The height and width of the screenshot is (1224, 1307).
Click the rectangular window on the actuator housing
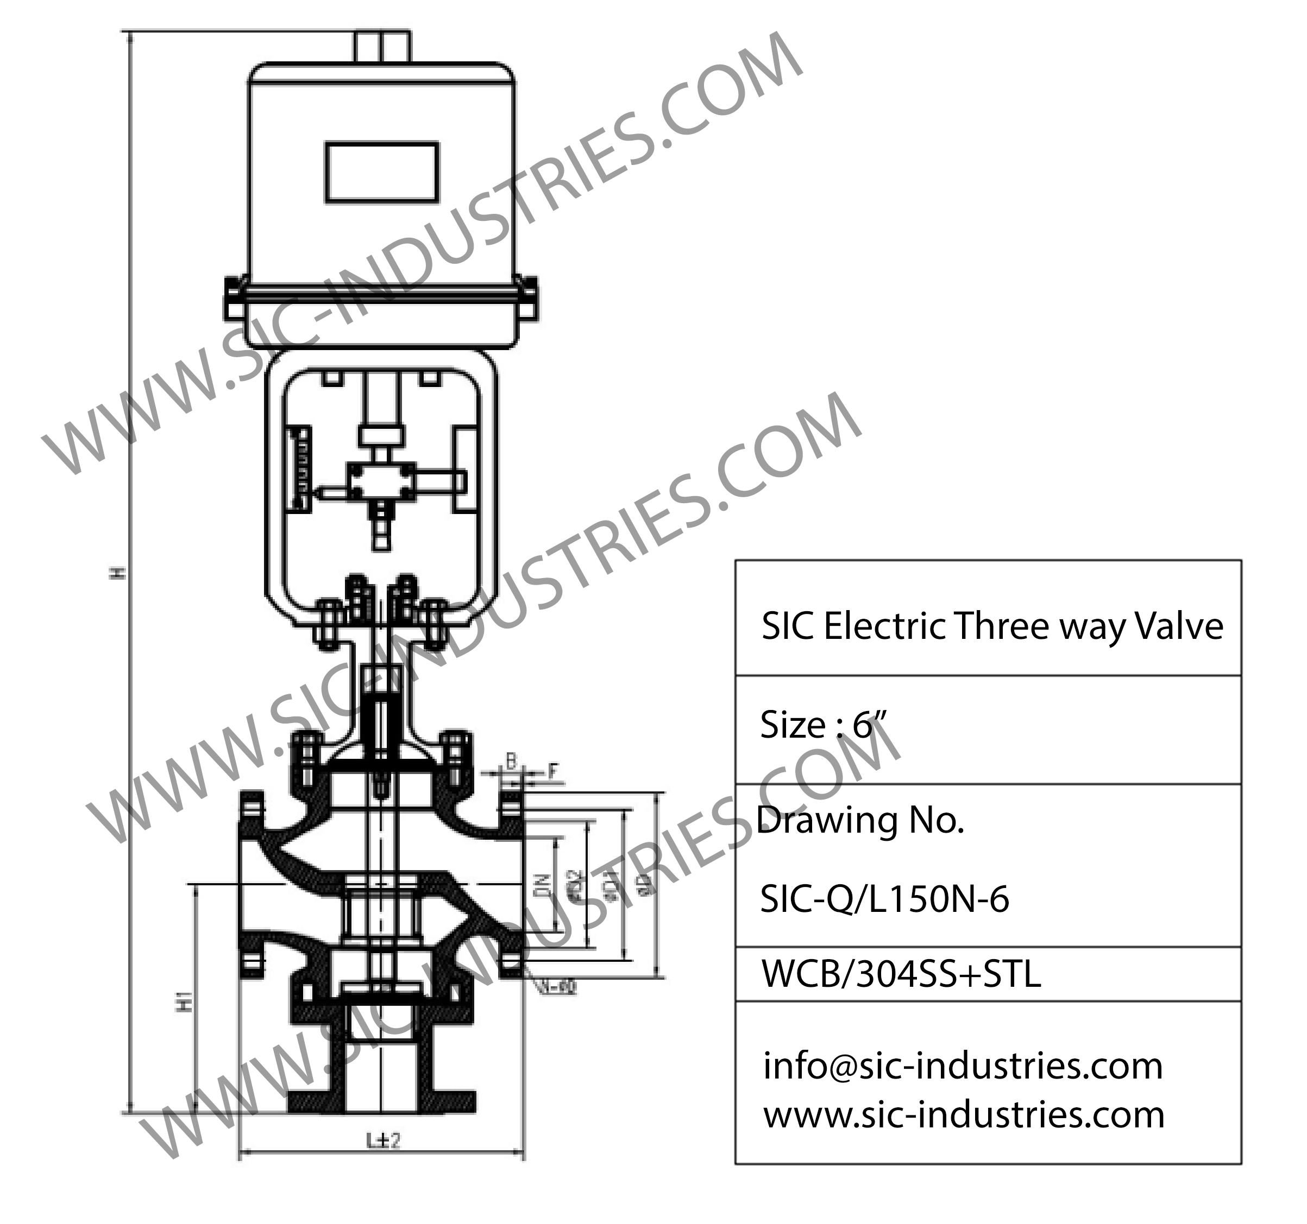(x=382, y=172)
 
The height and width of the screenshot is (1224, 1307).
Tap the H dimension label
(x=118, y=572)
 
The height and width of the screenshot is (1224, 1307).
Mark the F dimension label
(x=553, y=771)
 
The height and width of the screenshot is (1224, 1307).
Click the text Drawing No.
(x=860, y=820)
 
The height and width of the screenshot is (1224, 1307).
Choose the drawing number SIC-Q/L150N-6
(x=884, y=899)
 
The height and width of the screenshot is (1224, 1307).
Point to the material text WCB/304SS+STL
(x=901, y=974)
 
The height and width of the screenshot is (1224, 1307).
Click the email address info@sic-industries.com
(x=963, y=1065)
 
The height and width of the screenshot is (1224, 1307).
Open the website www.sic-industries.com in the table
(x=964, y=1114)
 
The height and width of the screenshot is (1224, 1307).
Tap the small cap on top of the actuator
(x=382, y=47)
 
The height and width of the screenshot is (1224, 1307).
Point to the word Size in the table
(x=792, y=725)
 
